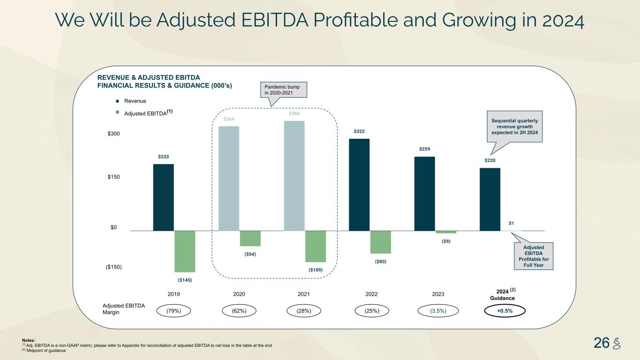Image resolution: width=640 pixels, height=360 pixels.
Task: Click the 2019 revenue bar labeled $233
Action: pyautogui.click(x=163, y=197)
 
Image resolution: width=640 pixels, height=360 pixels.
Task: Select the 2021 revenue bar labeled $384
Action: pyautogui.click(x=294, y=176)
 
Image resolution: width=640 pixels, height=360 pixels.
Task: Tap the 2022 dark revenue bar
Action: pyautogui.click(x=359, y=185)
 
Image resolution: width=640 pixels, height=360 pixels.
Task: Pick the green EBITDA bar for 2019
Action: pyautogui.click(x=185, y=251)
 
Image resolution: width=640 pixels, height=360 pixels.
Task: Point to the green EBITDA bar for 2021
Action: pyautogui.click(x=316, y=246)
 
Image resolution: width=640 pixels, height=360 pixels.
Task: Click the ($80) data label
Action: pyautogui.click(x=381, y=262)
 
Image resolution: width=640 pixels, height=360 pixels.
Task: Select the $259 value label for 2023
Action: pyautogui.click(x=425, y=149)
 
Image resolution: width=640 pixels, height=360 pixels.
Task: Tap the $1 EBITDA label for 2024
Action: pyautogui.click(x=511, y=223)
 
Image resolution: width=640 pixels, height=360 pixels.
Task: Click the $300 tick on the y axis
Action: pyautogui.click(x=114, y=134)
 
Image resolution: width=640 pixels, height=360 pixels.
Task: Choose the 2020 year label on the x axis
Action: pyautogui.click(x=239, y=295)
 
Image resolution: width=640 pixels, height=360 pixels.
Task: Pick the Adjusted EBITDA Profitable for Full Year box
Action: pyautogui.click(x=533, y=255)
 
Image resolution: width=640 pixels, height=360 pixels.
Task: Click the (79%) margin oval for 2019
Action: pyautogui.click(x=174, y=310)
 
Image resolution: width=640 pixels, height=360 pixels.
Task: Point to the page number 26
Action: pyautogui.click(x=602, y=344)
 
